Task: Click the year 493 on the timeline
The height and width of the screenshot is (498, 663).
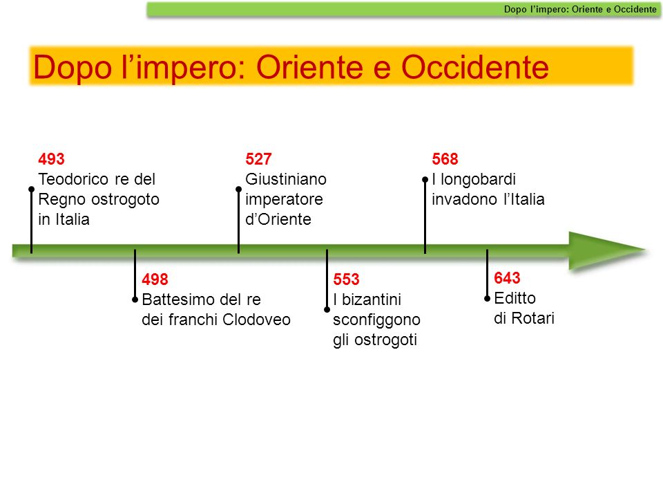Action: coord(51,159)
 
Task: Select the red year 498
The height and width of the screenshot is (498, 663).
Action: coord(155,279)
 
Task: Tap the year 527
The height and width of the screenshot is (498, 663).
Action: coord(258,159)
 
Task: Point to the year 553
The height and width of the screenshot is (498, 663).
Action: coord(346,279)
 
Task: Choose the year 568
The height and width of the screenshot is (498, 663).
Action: coord(445,159)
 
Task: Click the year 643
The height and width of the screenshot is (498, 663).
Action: coord(507,278)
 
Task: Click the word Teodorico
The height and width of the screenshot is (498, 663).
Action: coord(74,179)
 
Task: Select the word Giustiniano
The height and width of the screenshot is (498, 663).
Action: coord(286,179)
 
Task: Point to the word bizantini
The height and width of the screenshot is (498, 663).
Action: coord(372,299)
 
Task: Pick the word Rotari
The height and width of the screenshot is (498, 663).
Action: coord(532,318)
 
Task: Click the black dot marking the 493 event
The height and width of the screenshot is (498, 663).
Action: coord(31,189)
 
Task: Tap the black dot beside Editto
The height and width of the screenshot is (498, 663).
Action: coord(487,299)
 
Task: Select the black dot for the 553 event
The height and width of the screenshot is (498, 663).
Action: coord(327,310)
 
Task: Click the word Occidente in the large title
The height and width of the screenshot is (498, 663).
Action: coord(475,67)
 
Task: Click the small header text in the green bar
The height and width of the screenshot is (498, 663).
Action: coord(580,9)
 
